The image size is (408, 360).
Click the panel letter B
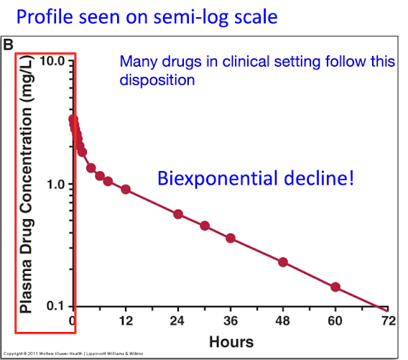tap(9, 45)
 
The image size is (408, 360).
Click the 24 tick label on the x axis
tap(178, 321)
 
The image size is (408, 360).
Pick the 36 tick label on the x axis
tap(231, 321)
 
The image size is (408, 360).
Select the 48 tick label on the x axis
tap(283, 321)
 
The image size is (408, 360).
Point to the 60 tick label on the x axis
tap(335, 321)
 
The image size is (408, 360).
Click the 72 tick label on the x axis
tap(388, 321)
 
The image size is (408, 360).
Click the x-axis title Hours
tap(231, 341)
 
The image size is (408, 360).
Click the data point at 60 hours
tap(335, 287)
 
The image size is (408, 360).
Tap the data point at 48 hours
tap(283, 262)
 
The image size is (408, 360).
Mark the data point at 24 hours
tap(178, 214)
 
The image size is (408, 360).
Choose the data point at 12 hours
tap(126, 189)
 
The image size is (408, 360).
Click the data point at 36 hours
tap(231, 238)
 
